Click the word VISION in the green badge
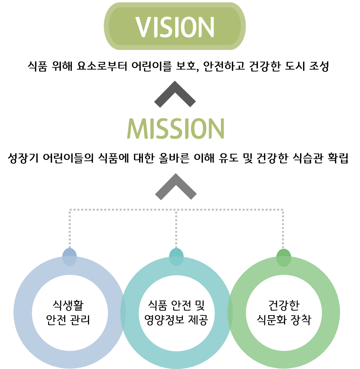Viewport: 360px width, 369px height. pyautogui.click(x=175, y=27)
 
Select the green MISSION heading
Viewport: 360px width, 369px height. pyautogui.click(x=176, y=128)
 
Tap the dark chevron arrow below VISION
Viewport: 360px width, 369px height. pyautogui.click(x=175, y=94)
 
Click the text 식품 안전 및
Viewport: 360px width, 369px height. pyautogui.click(x=176, y=306)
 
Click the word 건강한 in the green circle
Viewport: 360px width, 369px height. pyautogui.click(x=284, y=306)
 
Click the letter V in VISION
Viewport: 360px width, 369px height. pyautogui.click(x=143, y=27)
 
